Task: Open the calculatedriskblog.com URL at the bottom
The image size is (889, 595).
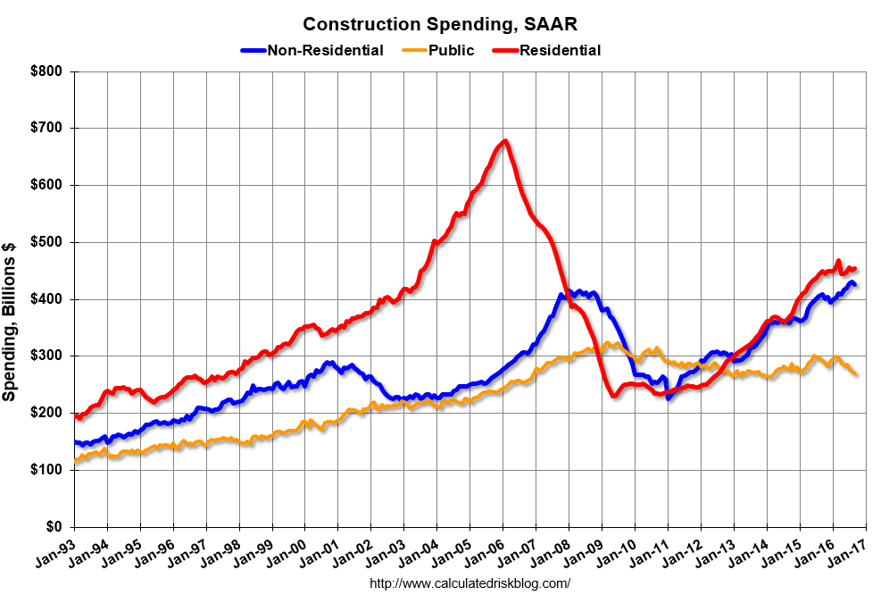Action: click(469, 583)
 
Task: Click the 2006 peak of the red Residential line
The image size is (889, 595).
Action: click(505, 141)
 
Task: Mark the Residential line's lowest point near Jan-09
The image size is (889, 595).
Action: click(614, 396)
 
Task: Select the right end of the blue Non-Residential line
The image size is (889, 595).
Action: click(855, 285)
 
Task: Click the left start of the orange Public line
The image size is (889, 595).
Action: click(75, 461)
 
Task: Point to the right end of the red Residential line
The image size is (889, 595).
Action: click(854, 268)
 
